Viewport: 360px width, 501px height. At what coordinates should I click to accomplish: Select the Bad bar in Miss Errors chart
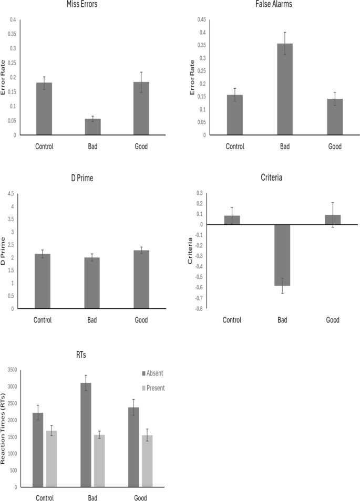coord(92,127)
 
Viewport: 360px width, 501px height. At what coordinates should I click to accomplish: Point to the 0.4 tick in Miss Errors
coord(13,20)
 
